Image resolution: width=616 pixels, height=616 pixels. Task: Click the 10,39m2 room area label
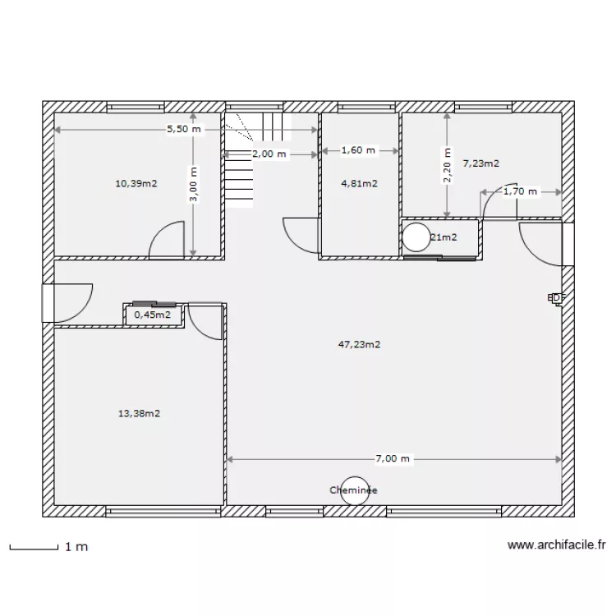[136, 183]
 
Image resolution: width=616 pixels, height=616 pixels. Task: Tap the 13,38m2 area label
[139, 413]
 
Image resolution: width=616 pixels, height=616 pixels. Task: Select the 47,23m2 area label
[360, 345]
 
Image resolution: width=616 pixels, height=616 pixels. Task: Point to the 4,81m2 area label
[359, 183]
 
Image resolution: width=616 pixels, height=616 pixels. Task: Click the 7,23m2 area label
[481, 163]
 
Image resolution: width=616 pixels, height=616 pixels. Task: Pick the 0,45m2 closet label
[153, 314]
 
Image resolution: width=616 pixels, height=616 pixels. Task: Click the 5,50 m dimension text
[182, 129]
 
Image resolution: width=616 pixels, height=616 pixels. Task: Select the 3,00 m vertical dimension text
[194, 186]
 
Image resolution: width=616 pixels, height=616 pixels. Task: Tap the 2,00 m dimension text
[269, 154]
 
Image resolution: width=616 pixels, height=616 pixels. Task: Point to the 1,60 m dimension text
[357, 150]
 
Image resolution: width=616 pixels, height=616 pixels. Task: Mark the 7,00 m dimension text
[392, 459]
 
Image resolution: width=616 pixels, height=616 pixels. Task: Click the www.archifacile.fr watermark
[556, 545]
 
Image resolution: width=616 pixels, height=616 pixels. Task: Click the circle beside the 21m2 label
[416, 237]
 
